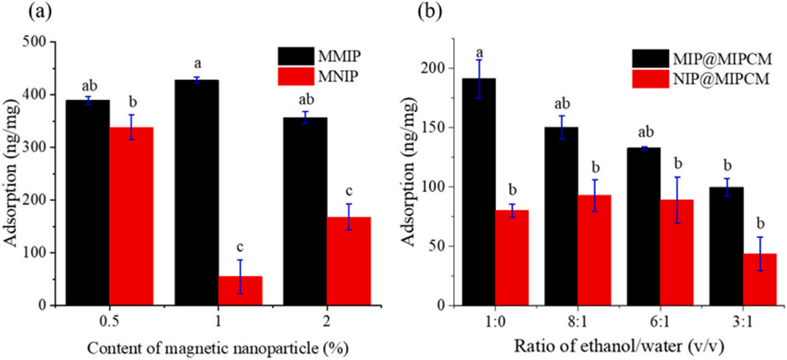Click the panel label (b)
tap(430, 12)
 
